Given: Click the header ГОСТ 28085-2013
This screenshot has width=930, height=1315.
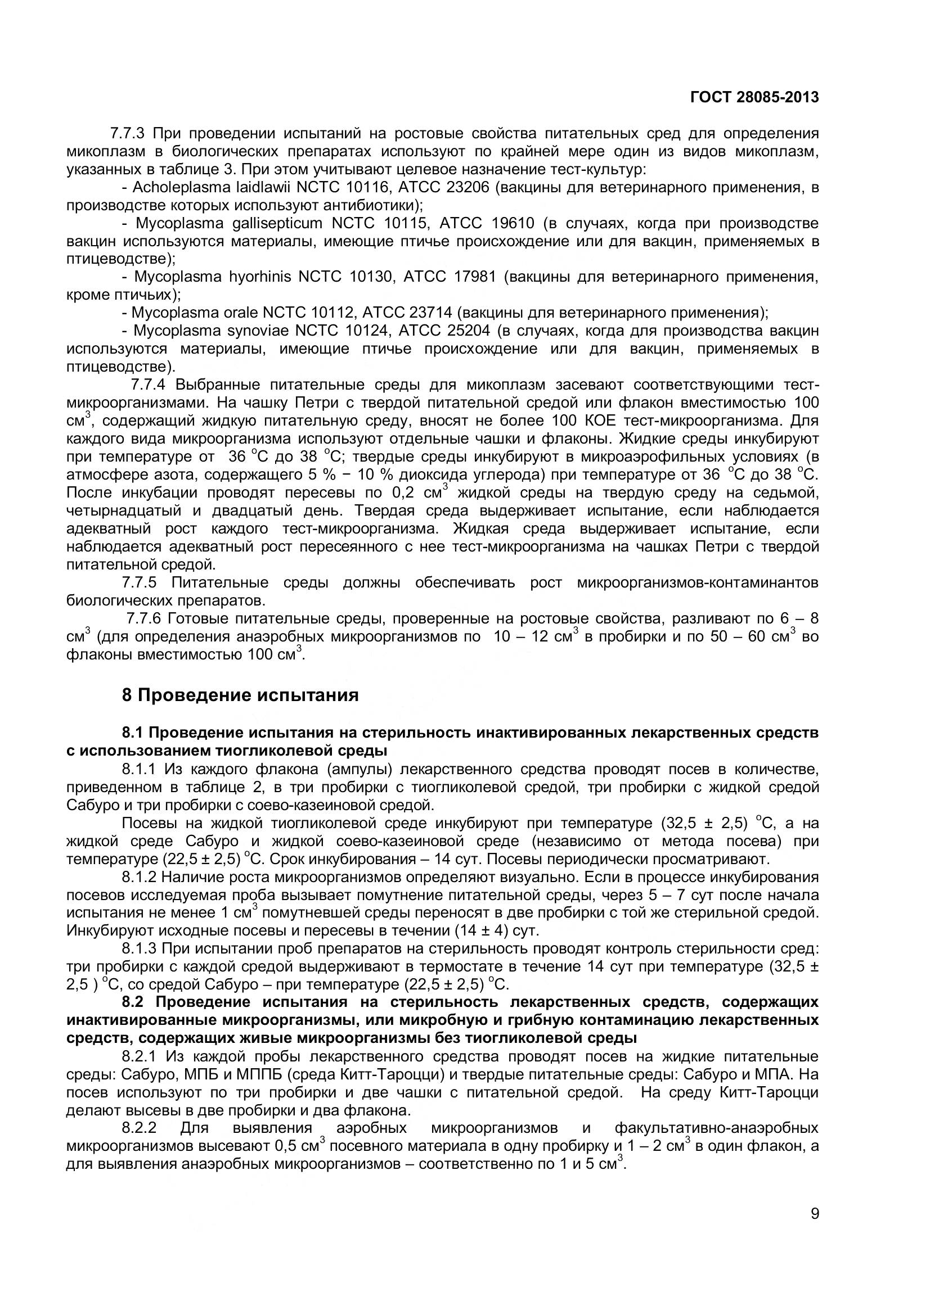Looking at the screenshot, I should tap(754, 97).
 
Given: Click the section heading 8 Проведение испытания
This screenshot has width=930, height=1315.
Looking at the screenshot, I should tap(240, 695).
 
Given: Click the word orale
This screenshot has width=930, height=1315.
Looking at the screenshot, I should tap(241, 313).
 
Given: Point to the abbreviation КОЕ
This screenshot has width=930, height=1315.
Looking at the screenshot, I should tap(599, 421).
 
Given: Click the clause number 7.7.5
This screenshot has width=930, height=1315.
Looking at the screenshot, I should tap(139, 583).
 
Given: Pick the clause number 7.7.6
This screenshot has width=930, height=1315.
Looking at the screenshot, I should tap(145, 619).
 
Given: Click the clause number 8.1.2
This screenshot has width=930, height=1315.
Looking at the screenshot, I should tap(139, 877).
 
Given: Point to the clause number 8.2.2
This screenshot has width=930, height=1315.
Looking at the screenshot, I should tap(139, 1128).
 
